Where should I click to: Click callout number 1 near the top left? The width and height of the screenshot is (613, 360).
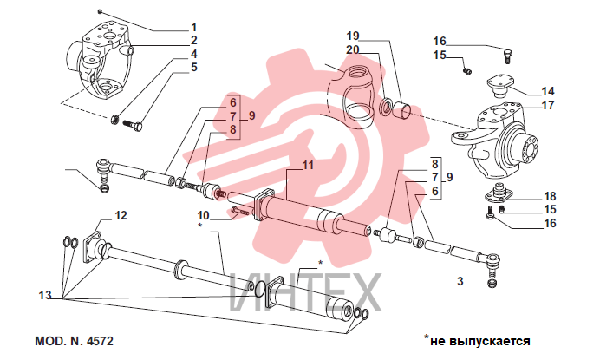(194, 28)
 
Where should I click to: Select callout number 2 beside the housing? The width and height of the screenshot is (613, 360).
(194, 40)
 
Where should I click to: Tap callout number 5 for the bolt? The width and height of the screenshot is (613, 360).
(194, 67)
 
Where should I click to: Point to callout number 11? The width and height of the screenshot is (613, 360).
(308, 165)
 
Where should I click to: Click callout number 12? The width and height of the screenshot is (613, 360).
(121, 216)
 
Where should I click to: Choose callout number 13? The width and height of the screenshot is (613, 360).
(45, 295)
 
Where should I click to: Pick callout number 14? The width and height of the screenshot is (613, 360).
(548, 91)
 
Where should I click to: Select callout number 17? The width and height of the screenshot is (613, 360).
(548, 105)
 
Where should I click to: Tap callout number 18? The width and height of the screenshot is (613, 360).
(550, 196)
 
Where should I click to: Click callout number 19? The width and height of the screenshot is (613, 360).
(353, 36)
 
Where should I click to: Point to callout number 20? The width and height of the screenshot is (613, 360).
(353, 49)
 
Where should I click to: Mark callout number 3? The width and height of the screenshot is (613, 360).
(460, 281)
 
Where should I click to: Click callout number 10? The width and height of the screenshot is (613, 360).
(203, 216)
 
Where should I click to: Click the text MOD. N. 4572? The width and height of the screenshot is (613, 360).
(74, 341)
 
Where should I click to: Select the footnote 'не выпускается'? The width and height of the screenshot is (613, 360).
(480, 341)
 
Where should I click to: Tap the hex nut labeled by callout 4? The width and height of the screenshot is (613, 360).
(115, 119)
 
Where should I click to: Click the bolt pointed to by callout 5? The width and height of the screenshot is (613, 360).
(133, 125)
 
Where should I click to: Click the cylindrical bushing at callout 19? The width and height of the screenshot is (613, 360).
(402, 109)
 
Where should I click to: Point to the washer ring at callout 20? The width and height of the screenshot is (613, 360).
(386, 106)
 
